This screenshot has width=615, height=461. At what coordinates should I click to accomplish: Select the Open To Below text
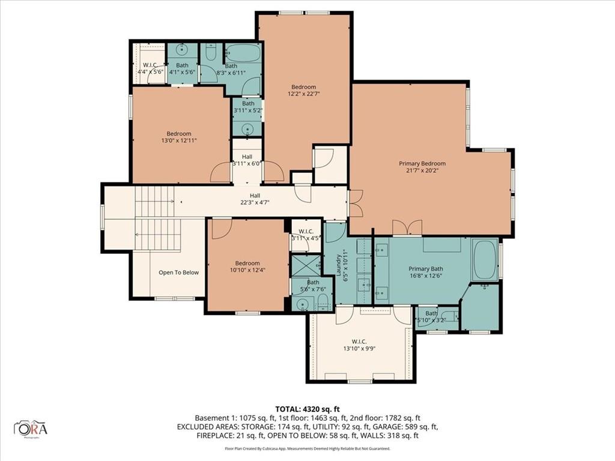point(178,273)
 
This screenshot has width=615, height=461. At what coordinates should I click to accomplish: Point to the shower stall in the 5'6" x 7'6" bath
point(304,264)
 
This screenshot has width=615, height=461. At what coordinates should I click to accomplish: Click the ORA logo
point(31,429)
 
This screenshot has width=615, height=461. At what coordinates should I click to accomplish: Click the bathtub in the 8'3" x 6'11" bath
point(243,53)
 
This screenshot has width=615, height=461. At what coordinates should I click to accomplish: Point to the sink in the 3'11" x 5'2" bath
point(247,128)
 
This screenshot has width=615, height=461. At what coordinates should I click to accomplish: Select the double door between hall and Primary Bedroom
point(354,203)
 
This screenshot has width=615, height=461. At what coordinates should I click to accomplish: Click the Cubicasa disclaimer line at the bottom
point(307,448)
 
